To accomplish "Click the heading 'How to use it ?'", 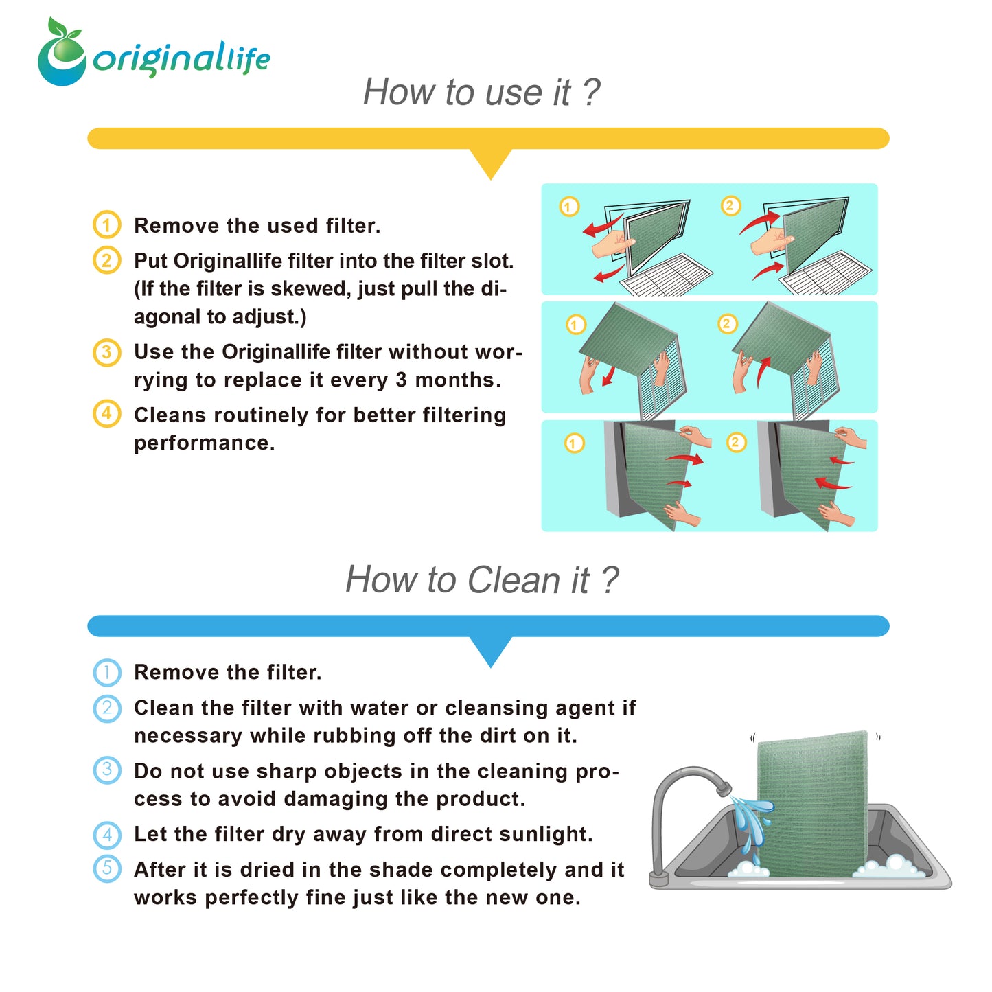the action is (481, 93).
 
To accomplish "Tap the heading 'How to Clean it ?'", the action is (481, 579).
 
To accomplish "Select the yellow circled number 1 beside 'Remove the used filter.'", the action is (106, 224).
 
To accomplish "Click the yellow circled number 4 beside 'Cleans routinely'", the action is (106, 413).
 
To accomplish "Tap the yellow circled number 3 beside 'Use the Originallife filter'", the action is (106, 352).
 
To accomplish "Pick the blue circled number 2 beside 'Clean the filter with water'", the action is (106, 708).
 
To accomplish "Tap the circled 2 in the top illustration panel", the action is (730, 205).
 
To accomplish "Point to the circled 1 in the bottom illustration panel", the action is (574, 443).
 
